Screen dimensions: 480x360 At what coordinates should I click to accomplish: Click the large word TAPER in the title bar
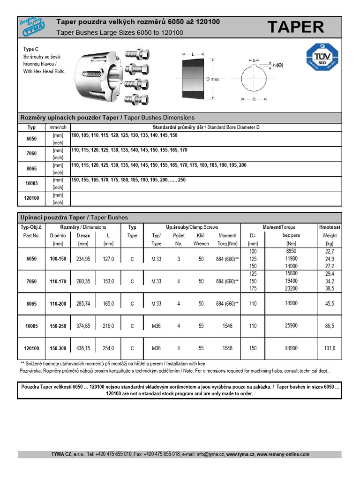tap(295, 27)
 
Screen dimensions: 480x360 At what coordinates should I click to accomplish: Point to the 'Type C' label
tap(31, 49)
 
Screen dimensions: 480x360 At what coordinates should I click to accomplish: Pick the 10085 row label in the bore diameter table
tap(31, 184)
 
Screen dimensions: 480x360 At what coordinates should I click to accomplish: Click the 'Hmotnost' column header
tap(330, 227)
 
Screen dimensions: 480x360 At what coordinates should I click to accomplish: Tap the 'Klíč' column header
tap(201, 235)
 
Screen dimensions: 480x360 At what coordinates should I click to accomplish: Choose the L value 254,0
tap(108, 348)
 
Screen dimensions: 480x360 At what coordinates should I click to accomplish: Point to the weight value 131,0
tap(329, 348)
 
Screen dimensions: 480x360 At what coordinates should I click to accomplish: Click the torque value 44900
tap(291, 348)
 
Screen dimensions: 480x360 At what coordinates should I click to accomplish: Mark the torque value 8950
tap(291, 251)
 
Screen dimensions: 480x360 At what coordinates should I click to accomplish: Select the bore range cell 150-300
tap(58, 348)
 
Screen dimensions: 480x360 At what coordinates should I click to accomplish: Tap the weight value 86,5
tap(329, 326)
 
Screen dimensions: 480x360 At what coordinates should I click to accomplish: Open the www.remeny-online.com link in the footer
tap(283, 454)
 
